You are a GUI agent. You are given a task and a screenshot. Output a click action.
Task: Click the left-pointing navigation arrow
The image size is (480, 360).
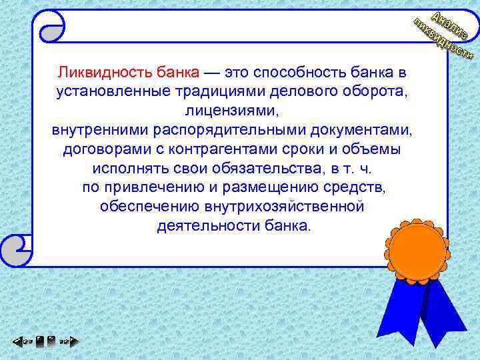pos(20,343)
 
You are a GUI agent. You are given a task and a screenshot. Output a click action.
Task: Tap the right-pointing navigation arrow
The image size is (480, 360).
pos(67,343)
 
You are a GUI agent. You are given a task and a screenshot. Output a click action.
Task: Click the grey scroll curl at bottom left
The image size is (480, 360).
pos(15,248)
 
